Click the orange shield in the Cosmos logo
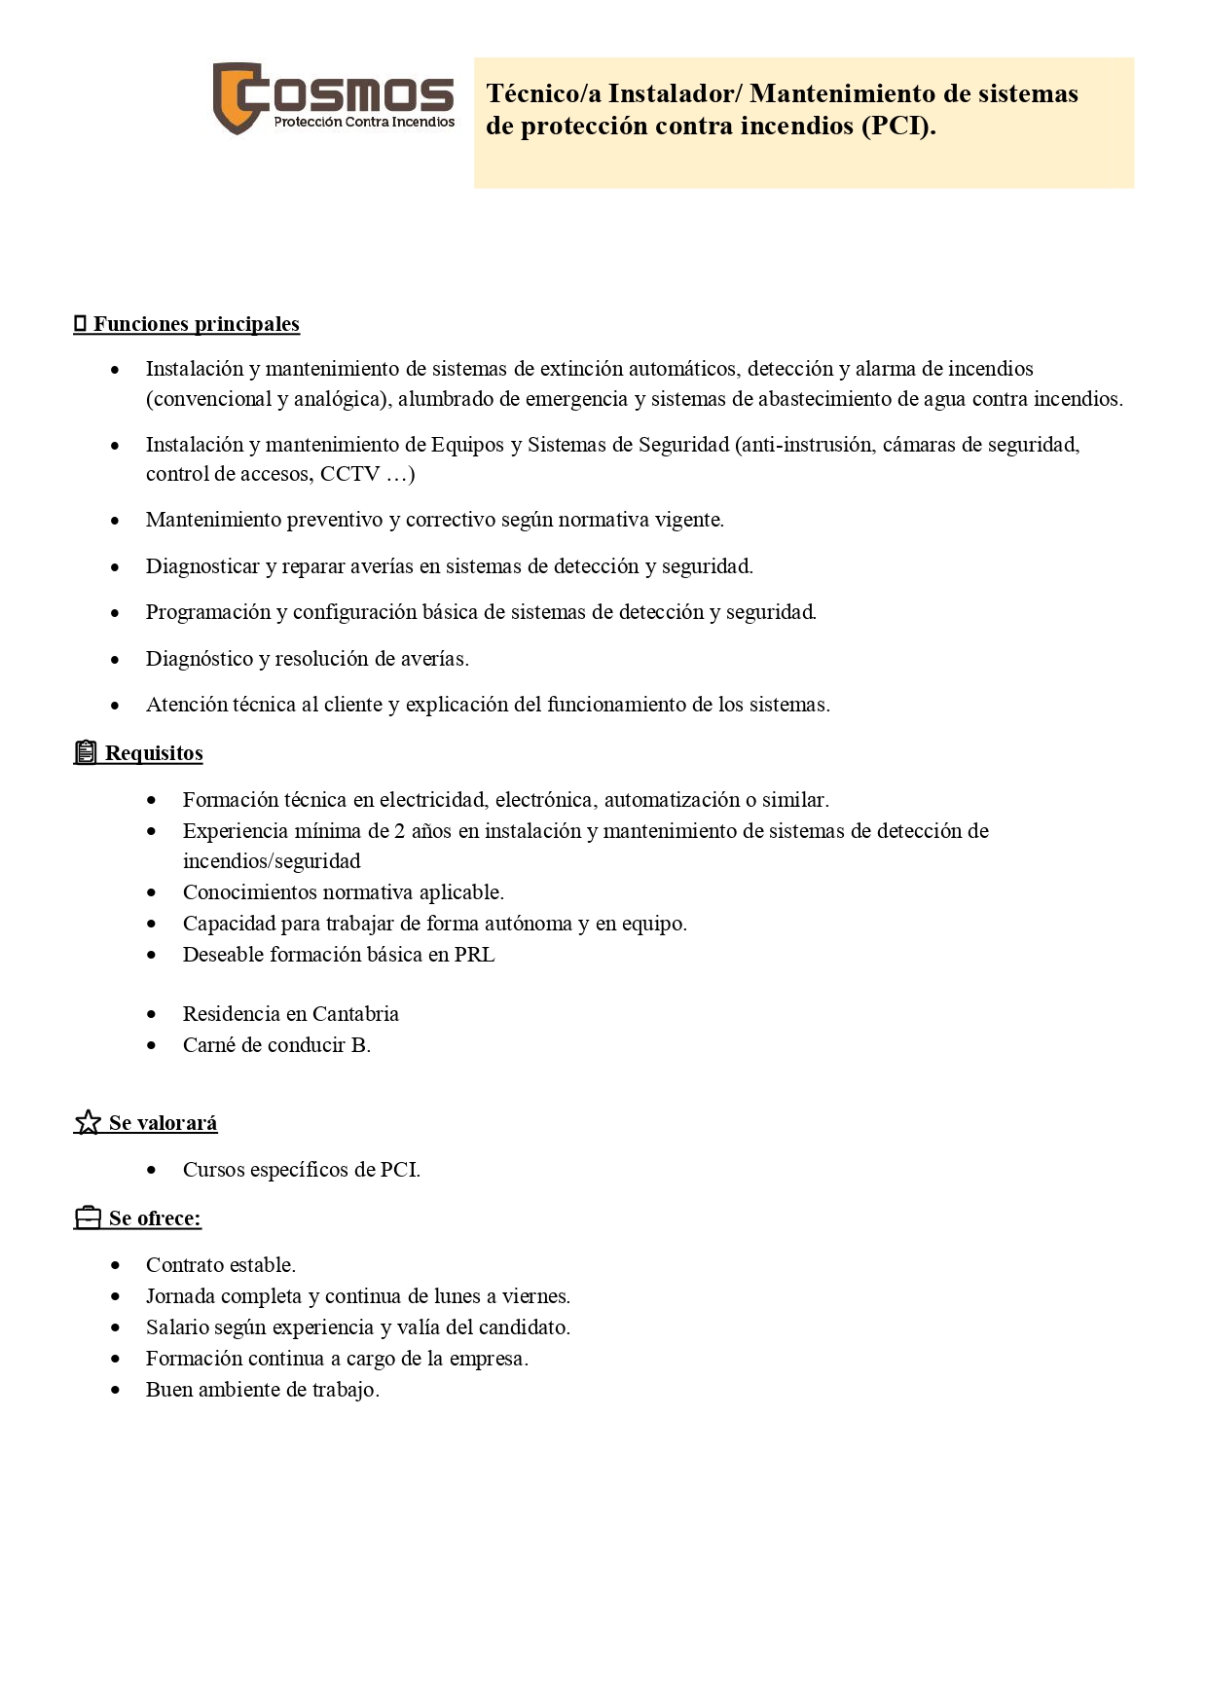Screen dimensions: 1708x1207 [x=235, y=98]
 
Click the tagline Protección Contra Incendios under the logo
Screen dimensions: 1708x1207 [x=364, y=123]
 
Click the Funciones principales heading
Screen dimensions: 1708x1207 [x=196, y=324]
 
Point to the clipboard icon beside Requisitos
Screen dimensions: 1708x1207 [x=86, y=752]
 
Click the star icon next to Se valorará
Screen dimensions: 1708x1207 [x=88, y=1123]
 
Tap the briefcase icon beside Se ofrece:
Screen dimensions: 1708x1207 [x=88, y=1218]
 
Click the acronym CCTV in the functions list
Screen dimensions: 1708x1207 [x=349, y=474]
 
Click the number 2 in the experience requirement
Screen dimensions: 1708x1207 [x=400, y=831]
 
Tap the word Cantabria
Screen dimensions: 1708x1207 [x=355, y=1014]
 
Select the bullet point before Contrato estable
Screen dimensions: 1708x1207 [x=116, y=1266]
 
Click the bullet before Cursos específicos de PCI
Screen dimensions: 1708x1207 [x=152, y=1171]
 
